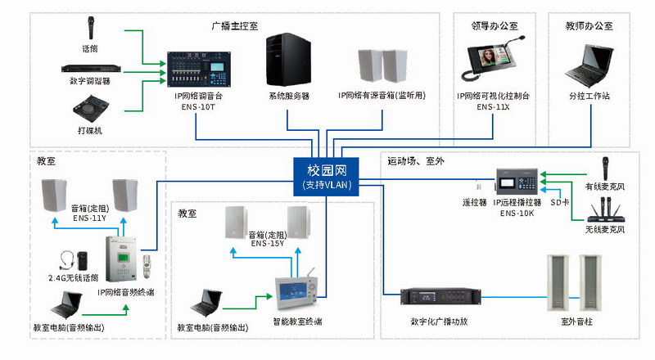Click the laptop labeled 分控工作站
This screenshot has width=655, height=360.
click(x=588, y=63)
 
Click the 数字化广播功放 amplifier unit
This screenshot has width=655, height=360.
click(x=439, y=299)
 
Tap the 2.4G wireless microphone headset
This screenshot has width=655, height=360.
click(x=72, y=260)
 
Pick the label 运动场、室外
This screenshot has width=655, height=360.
click(x=416, y=161)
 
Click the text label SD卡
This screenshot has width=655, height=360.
click(x=560, y=201)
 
